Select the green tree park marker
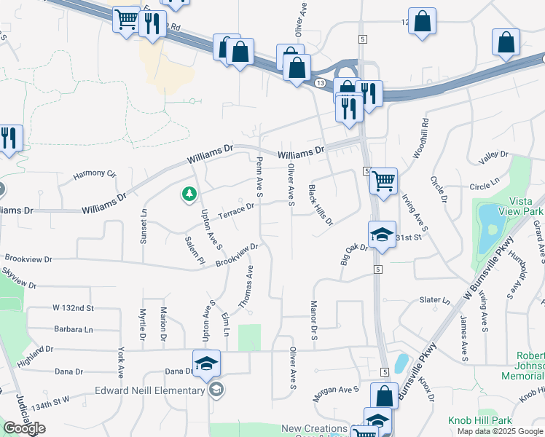click(x=189, y=194)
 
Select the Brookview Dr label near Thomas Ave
click(x=237, y=255)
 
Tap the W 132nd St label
click(x=73, y=309)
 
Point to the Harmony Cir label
click(x=95, y=175)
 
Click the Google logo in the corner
click(x=24, y=428)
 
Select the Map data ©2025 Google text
click(x=501, y=431)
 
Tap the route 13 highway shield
click(x=321, y=83)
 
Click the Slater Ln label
click(x=435, y=300)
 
